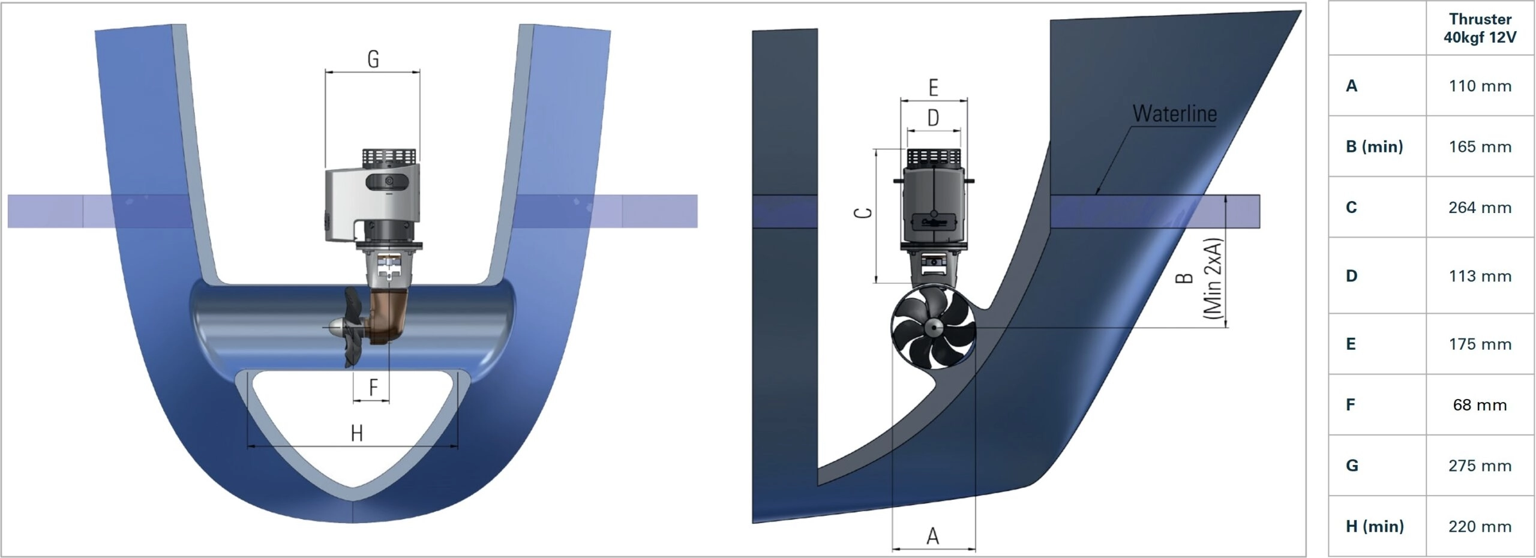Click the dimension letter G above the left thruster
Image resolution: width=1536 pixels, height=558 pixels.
(373, 59)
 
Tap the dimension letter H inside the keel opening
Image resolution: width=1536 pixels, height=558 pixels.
(357, 433)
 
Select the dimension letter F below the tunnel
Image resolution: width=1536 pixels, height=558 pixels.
(373, 387)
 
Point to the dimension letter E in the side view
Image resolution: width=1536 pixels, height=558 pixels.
(933, 88)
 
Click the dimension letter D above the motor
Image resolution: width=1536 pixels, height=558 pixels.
(933, 118)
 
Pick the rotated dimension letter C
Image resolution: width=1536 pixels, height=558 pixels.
(863, 213)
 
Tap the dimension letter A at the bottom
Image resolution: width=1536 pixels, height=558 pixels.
(932, 536)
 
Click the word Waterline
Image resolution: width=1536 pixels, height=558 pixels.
(1174, 113)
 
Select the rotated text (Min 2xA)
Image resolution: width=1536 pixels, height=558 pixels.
(1213, 277)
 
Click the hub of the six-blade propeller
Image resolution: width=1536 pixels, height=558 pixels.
(933, 328)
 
